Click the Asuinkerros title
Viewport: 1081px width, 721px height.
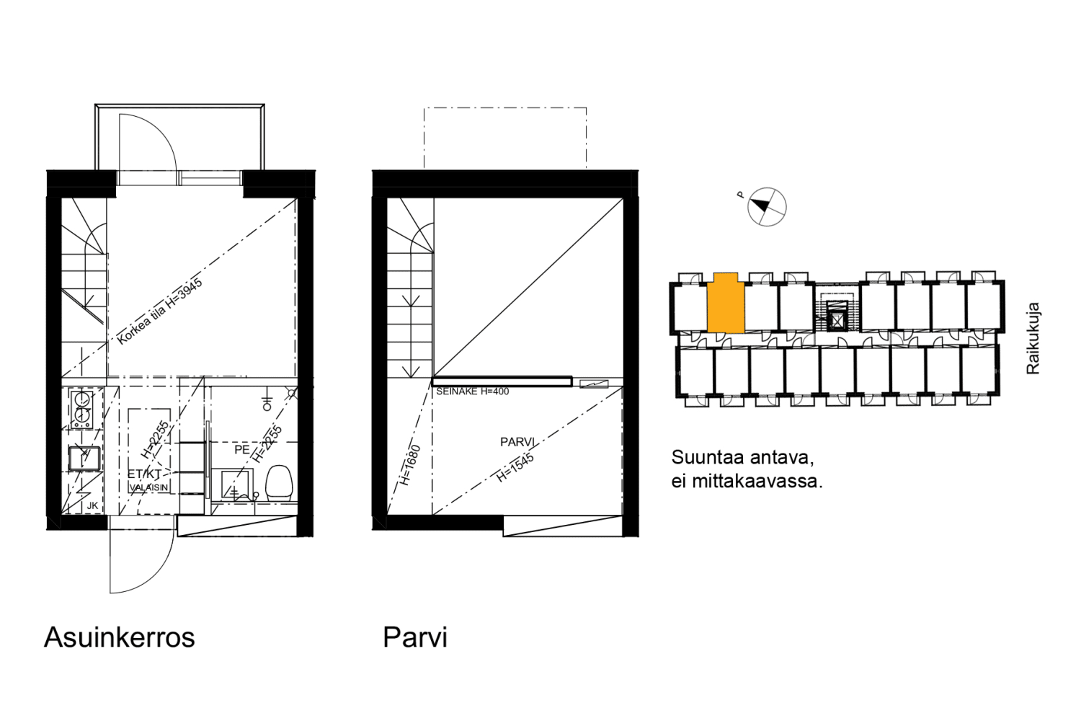(120, 637)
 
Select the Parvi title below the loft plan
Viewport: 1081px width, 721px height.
(414, 637)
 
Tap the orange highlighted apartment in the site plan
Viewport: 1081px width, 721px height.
(725, 304)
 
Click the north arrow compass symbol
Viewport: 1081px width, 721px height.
(766, 206)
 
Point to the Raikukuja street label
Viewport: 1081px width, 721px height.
(1033, 337)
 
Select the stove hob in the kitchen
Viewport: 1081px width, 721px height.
(82, 407)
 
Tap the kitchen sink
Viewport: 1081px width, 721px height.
(84, 458)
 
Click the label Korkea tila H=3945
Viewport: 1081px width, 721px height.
(160, 311)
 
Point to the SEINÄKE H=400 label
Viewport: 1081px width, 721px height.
(472, 392)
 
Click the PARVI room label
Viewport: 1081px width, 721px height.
(517, 441)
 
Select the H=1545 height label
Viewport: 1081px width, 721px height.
(515, 467)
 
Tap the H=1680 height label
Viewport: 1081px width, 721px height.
(410, 465)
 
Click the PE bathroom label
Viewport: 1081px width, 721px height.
(242, 450)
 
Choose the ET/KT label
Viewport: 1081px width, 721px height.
(144, 474)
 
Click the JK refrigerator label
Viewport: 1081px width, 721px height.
(92, 505)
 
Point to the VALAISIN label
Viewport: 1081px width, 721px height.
(149, 487)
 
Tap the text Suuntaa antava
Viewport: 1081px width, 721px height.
(742, 457)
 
